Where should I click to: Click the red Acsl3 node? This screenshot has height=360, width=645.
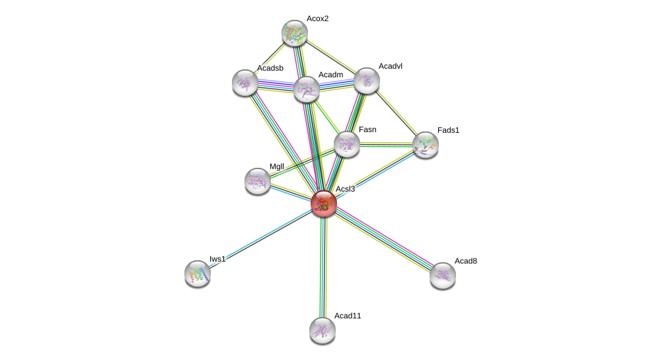coord(324,203)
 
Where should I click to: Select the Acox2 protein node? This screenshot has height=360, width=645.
coord(295,33)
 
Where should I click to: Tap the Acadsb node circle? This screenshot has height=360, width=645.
coord(245,83)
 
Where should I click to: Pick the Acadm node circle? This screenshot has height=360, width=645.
coord(307,89)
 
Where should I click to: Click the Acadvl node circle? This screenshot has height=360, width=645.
coord(367,81)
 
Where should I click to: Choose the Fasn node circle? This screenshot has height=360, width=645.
coord(347,144)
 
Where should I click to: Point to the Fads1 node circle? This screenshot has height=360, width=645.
coord(425,145)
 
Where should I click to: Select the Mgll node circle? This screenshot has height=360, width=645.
coord(258,180)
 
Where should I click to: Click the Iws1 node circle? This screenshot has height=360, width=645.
coord(198,273)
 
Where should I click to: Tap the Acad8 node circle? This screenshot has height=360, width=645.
coord(443,275)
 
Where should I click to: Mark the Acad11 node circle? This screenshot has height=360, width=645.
coord(322,330)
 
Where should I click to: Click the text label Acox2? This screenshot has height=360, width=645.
coord(317,18)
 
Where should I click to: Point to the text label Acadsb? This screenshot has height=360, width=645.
coord(270,68)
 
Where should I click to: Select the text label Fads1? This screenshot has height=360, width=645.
coord(448,130)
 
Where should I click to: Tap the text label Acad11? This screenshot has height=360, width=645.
coord(348,316)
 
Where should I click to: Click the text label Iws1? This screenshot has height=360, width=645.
coord(217,259)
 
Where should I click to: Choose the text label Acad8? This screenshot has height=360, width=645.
coord(465,261)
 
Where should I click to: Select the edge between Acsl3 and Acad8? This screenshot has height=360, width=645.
coord(383,239)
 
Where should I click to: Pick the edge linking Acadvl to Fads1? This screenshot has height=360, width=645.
coord(396,112)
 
